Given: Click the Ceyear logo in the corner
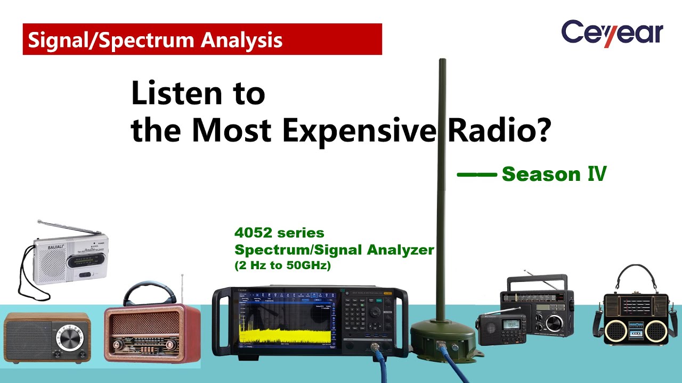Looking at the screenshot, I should [612, 33].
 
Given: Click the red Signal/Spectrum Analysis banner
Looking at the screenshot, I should [202, 39].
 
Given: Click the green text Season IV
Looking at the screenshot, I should [554, 174].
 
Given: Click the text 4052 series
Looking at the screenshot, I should [279, 233].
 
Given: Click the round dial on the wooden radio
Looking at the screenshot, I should [70, 338].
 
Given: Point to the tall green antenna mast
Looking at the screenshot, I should [442, 186].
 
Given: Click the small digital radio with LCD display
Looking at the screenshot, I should [500, 329].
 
